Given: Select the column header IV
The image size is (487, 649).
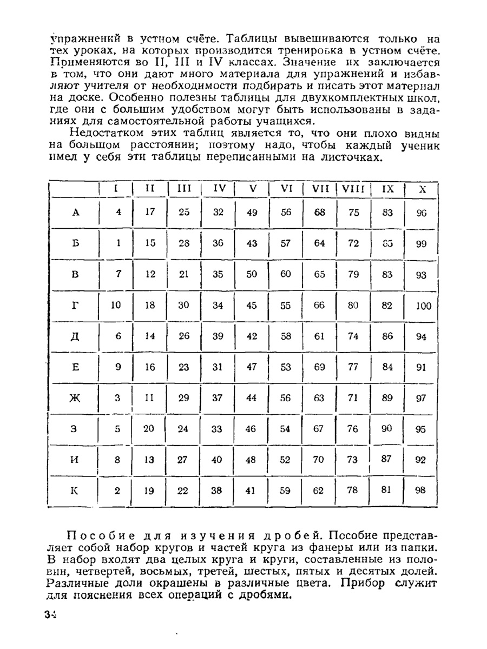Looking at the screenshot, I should [219, 189].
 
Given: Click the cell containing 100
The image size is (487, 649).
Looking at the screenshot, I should [424, 306].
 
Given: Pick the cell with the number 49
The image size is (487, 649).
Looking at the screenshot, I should [252, 213].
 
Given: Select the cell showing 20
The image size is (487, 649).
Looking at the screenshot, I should [150, 429].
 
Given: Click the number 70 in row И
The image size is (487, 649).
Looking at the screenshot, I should [319, 460].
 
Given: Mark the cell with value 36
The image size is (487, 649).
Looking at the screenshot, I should [218, 243].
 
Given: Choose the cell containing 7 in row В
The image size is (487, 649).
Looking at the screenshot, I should [119, 274].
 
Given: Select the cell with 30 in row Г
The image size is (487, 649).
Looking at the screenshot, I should [184, 305].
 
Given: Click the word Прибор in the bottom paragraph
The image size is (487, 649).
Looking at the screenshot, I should [365, 583].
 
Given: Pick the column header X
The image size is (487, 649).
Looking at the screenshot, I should [423, 189].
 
